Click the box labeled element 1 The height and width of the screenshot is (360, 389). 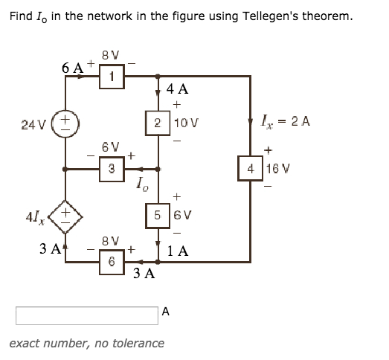(x=111, y=76)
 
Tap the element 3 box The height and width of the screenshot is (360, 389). (x=111, y=168)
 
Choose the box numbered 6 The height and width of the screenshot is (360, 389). (x=111, y=261)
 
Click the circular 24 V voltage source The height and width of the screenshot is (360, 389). (x=65, y=121)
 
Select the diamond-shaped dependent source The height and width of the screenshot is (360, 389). (x=65, y=216)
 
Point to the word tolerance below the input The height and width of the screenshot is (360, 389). (x=138, y=343)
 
